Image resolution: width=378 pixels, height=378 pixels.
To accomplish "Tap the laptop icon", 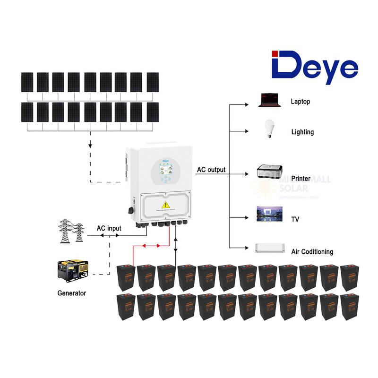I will [267, 100].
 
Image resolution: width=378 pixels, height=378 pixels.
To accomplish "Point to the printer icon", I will [269, 172].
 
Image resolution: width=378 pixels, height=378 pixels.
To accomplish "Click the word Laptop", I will [301, 102].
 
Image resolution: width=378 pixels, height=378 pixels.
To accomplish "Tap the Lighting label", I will [302, 132].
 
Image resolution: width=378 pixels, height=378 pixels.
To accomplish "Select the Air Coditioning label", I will [312, 252].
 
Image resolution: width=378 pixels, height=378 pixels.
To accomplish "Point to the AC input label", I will [109, 229].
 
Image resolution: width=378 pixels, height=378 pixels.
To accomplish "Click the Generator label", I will [72, 293].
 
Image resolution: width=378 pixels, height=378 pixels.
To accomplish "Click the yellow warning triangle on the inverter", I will [166, 204].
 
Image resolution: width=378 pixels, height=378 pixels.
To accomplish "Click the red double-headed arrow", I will [151, 246].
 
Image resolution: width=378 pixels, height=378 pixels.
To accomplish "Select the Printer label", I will [301, 179].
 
